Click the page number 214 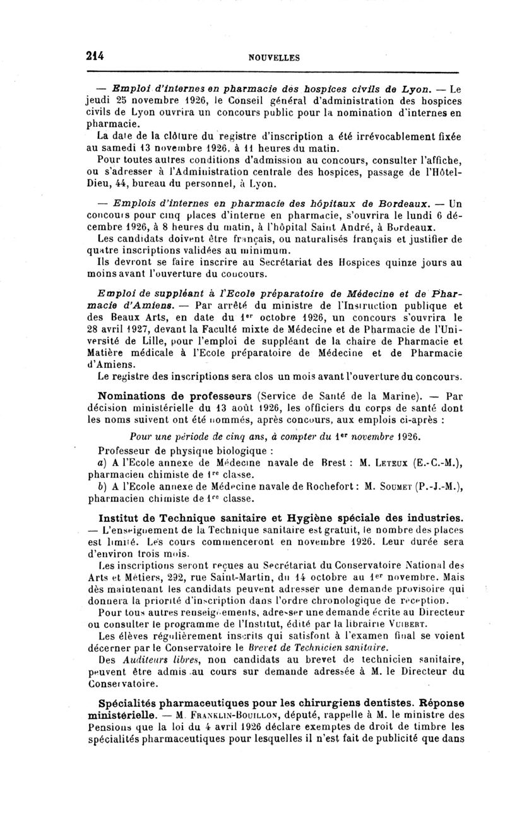point(95,56)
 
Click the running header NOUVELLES point(275,57)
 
